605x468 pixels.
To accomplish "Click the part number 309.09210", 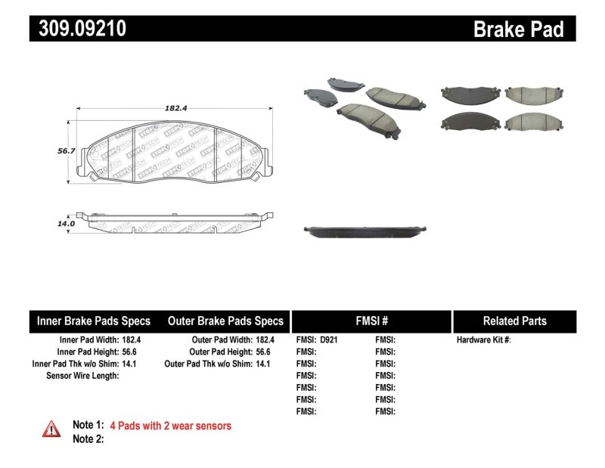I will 79,29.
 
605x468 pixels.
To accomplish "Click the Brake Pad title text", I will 518,29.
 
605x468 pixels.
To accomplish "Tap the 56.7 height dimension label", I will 67,150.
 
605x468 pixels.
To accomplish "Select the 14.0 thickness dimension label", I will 67,224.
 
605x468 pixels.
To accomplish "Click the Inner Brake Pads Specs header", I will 94,321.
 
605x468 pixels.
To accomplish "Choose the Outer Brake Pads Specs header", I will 225,321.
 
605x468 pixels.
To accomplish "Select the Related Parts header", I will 514,321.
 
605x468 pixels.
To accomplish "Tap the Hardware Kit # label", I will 483,340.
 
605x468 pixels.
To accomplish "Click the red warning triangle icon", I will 51,428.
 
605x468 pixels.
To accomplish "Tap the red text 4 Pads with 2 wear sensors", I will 170,426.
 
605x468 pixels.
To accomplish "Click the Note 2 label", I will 87,439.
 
